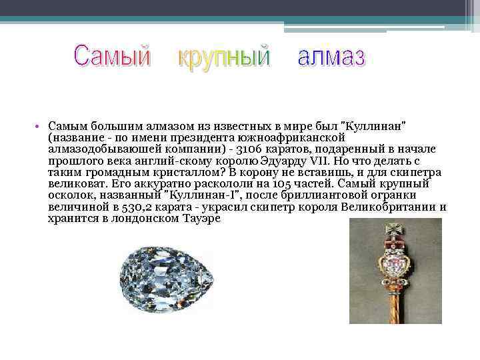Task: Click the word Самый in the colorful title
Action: point(113,57)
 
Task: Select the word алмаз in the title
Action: point(331,57)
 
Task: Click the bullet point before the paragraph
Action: point(39,127)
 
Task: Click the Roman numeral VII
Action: point(322,160)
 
